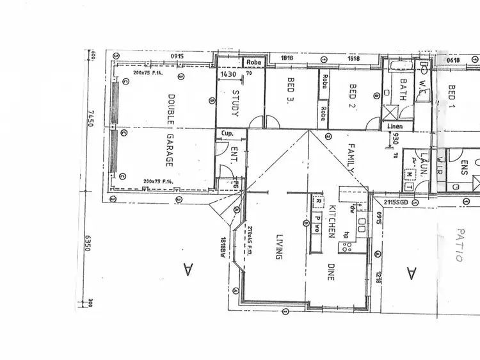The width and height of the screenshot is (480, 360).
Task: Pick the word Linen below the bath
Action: click(396, 127)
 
